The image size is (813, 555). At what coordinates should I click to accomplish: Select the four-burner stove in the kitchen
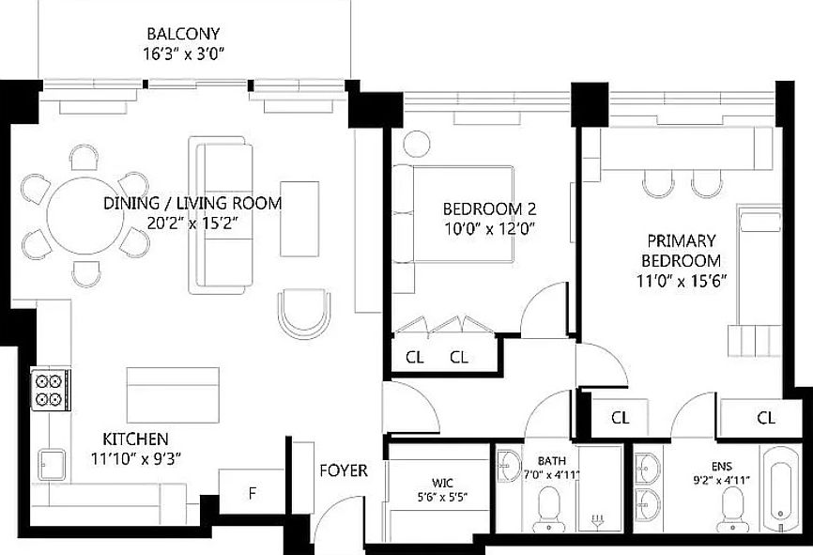click(x=49, y=391)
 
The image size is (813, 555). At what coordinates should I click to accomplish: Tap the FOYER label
click(x=344, y=470)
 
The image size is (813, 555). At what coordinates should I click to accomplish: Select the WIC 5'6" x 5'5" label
click(x=436, y=489)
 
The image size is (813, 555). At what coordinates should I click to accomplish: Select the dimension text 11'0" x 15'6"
click(x=681, y=279)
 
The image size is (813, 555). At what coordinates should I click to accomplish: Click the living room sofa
click(x=222, y=214)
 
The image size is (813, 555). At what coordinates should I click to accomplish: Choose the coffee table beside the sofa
click(x=299, y=218)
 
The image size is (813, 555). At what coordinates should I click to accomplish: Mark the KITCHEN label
click(x=135, y=439)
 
